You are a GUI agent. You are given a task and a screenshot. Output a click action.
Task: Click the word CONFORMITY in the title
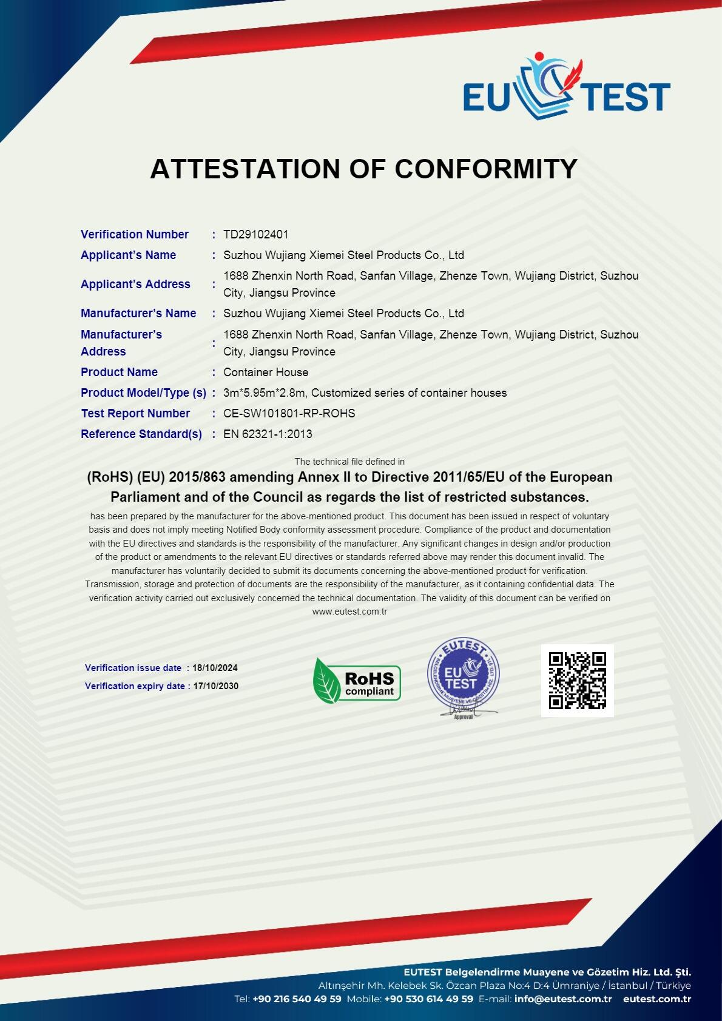pyautogui.click(x=486, y=169)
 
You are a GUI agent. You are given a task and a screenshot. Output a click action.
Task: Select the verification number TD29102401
pyautogui.click(x=255, y=234)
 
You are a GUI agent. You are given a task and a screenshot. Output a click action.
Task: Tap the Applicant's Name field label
pyautogui.click(x=128, y=255)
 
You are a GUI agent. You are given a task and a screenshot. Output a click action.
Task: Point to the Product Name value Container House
pyautogui.click(x=266, y=372)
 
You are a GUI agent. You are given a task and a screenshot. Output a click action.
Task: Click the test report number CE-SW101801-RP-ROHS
pyautogui.click(x=289, y=413)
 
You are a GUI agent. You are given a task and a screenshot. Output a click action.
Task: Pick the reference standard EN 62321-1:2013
pyautogui.click(x=268, y=434)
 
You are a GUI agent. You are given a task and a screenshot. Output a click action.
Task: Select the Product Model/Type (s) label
pyautogui.click(x=143, y=393)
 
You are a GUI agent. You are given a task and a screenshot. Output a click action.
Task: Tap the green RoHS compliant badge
pyautogui.click(x=357, y=679)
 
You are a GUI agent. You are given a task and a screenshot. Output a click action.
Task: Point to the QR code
pyautogui.click(x=577, y=680)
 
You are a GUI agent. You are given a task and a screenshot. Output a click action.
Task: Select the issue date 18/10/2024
pyautogui.click(x=215, y=668)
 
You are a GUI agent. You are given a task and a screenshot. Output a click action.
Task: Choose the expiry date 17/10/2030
pyautogui.click(x=215, y=686)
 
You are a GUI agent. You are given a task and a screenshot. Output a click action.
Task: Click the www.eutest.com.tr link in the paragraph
pyautogui.click(x=349, y=612)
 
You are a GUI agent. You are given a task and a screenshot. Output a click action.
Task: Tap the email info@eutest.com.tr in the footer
pyautogui.click(x=562, y=999)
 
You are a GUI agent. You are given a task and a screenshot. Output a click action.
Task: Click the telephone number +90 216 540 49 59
pyautogui.click(x=297, y=999)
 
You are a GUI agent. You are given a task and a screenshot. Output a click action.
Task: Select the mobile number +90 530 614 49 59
pyautogui.click(x=428, y=999)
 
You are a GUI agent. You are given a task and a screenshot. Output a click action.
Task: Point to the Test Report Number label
pyautogui.click(x=135, y=413)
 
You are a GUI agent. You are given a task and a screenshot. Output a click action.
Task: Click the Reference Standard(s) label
pyautogui.click(x=141, y=434)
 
